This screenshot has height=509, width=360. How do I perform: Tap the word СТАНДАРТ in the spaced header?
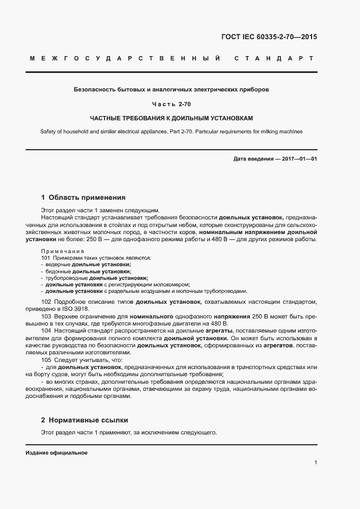(273, 58)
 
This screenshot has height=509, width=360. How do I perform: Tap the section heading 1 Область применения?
(83, 198)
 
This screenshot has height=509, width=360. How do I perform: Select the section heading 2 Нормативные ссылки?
(84, 420)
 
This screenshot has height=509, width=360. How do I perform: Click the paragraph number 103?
(46, 316)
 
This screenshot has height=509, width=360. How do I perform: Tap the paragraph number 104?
(46, 331)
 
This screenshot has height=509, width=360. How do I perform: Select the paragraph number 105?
(46, 360)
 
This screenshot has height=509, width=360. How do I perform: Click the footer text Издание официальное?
(56, 453)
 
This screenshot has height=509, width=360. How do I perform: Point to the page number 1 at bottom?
(315, 463)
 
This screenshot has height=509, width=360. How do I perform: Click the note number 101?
(45, 257)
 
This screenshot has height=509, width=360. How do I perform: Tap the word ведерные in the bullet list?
(57, 264)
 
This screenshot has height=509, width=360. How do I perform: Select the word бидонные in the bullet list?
(58, 271)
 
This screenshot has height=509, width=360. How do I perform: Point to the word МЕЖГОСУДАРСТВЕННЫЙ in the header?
(125, 58)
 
